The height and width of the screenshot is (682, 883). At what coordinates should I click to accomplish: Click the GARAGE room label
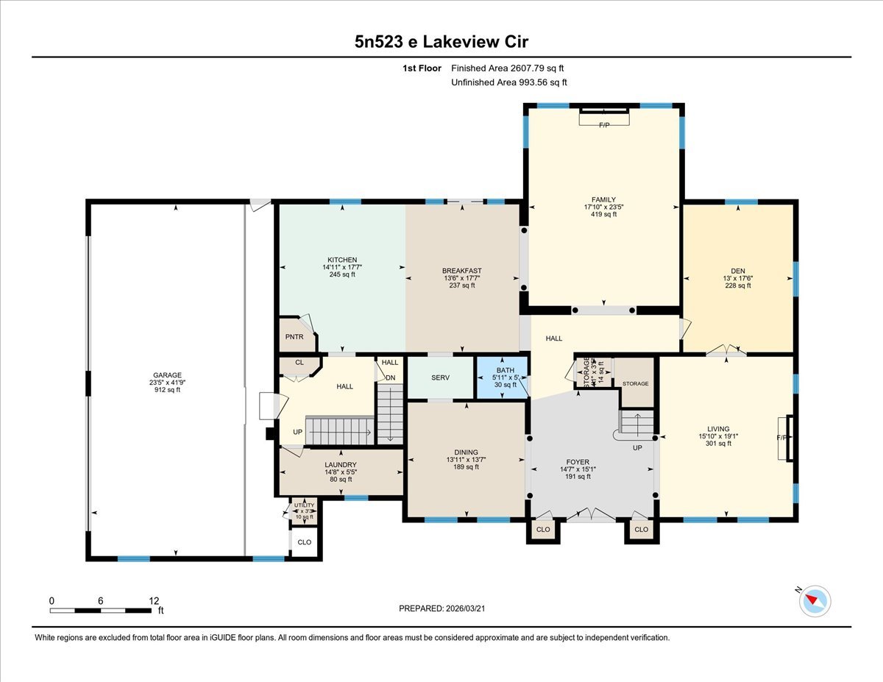coord(168,374)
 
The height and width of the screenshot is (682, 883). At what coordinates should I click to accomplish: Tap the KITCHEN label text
coord(342,260)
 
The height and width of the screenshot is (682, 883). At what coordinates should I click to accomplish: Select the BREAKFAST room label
coord(462,271)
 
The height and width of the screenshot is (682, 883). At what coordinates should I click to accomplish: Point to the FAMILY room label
coord(603,199)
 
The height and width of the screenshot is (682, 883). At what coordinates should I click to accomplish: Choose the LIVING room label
coord(718,429)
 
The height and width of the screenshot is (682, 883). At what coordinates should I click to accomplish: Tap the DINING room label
coord(466,452)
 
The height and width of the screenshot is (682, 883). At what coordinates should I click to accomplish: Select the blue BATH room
coord(502,377)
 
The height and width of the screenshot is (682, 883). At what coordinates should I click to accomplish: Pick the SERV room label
coord(440,377)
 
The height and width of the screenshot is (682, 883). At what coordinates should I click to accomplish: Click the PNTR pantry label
coord(294,336)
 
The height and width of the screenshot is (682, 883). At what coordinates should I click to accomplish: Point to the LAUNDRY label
coord(340,465)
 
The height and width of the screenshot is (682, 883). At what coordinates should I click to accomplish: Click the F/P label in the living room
coord(781,438)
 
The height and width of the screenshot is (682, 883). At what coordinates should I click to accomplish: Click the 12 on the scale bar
coord(153,600)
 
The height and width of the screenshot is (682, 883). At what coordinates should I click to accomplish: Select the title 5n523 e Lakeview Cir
coord(441,41)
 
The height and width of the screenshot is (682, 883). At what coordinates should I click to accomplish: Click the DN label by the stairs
coord(391,378)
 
